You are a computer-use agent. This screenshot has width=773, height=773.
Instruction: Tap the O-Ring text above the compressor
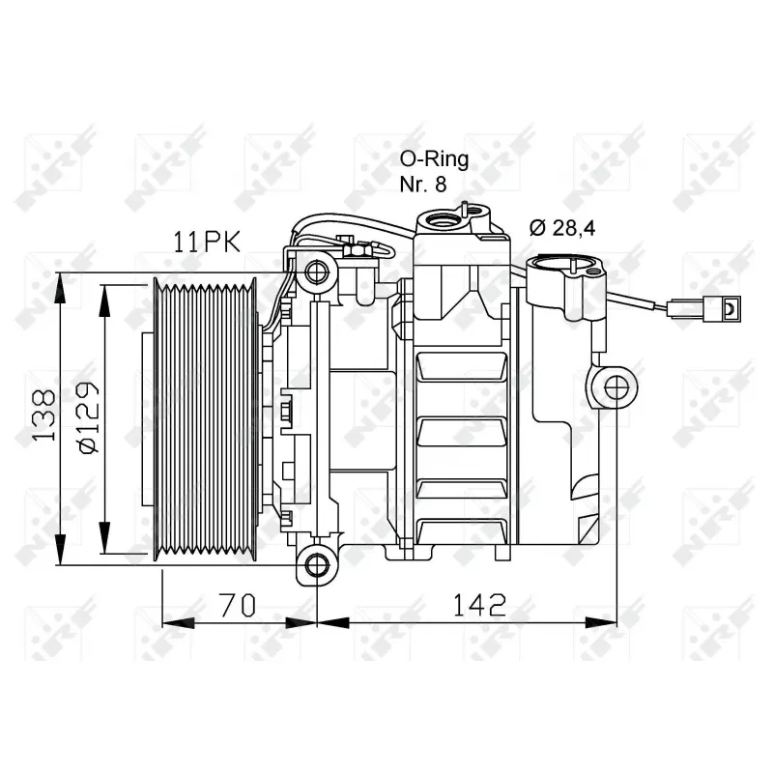pyautogui.click(x=435, y=159)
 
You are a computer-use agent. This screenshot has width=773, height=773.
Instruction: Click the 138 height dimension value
pyautogui.click(x=41, y=416)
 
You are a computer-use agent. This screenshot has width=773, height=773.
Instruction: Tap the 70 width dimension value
pyautogui.click(x=239, y=605)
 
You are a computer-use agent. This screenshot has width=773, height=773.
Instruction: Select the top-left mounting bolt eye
pyautogui.click(x=315, y=272)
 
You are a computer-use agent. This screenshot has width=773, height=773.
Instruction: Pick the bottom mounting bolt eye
pyautogui.click(x=314, y=562)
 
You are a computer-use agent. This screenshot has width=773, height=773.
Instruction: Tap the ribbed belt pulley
pyautogui.click(x=205, y=417)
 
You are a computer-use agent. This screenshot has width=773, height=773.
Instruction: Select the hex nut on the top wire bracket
pyautogui.click(x=354, y=250)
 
